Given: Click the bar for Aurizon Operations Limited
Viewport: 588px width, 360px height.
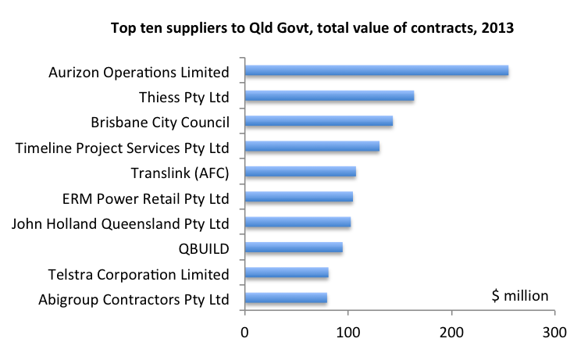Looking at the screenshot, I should pyautogui.click(x=376, y=71).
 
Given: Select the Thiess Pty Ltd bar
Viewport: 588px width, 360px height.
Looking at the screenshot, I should pyautogui.click(x=330, y=96).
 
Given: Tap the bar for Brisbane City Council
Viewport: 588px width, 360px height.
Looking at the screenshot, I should pyautogui.click(x=319, y=121).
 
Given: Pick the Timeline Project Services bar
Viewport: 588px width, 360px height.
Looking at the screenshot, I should pyautogui.click(x=312, y=147).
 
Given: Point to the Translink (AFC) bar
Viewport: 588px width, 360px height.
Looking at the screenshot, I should pyautogui.click(x=301, y=172).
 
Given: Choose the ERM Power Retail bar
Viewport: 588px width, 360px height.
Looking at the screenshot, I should pyautogui.click(x=299, y=198).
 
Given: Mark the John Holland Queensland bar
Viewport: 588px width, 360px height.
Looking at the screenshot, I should pyautogui.click(x=298, y=223).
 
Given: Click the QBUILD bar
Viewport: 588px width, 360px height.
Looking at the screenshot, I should pyautogui.click(x=294, y=248).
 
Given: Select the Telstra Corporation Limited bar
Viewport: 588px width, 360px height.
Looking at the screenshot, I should pyautogui.click(x=287, y=273).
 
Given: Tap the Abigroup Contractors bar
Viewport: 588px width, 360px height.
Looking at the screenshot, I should pyautogui.click(x=286, y=298).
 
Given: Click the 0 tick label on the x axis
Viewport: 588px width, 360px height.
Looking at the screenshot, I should pyautogui.click(x=245, y=332).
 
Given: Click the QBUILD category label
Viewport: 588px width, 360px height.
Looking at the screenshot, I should pyautogui.click(x=204, y=249).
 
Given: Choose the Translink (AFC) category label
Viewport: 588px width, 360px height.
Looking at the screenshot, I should pyautogui.click(x=184, y=173).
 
